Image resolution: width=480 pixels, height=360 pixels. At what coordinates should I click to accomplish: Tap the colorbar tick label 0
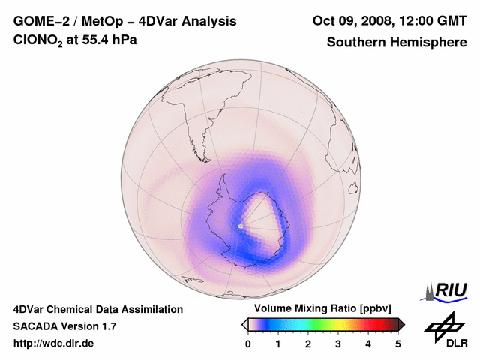pos(248,344)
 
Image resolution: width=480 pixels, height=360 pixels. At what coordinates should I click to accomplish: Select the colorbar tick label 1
pos(278,344)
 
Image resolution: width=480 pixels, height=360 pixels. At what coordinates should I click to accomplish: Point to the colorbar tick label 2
pos(308,344)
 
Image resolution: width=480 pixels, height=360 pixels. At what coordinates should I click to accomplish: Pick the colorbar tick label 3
pos(338,344)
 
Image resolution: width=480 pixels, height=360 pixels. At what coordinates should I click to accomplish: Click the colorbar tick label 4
pos(368,344)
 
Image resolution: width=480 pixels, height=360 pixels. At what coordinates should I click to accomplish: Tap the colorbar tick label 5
pos(398,344)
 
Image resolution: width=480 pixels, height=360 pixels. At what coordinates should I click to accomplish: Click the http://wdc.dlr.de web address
pos(54,343)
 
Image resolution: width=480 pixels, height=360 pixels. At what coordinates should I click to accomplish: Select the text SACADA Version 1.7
pos(64,326)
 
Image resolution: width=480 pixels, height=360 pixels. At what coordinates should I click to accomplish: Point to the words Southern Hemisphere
pos(397,42)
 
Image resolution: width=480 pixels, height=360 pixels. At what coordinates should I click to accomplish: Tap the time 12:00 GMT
pos(432,21)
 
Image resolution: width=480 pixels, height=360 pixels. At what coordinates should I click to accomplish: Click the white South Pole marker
pos(241,226)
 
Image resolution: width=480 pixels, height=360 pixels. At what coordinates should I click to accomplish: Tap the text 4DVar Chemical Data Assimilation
pos(97,309)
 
